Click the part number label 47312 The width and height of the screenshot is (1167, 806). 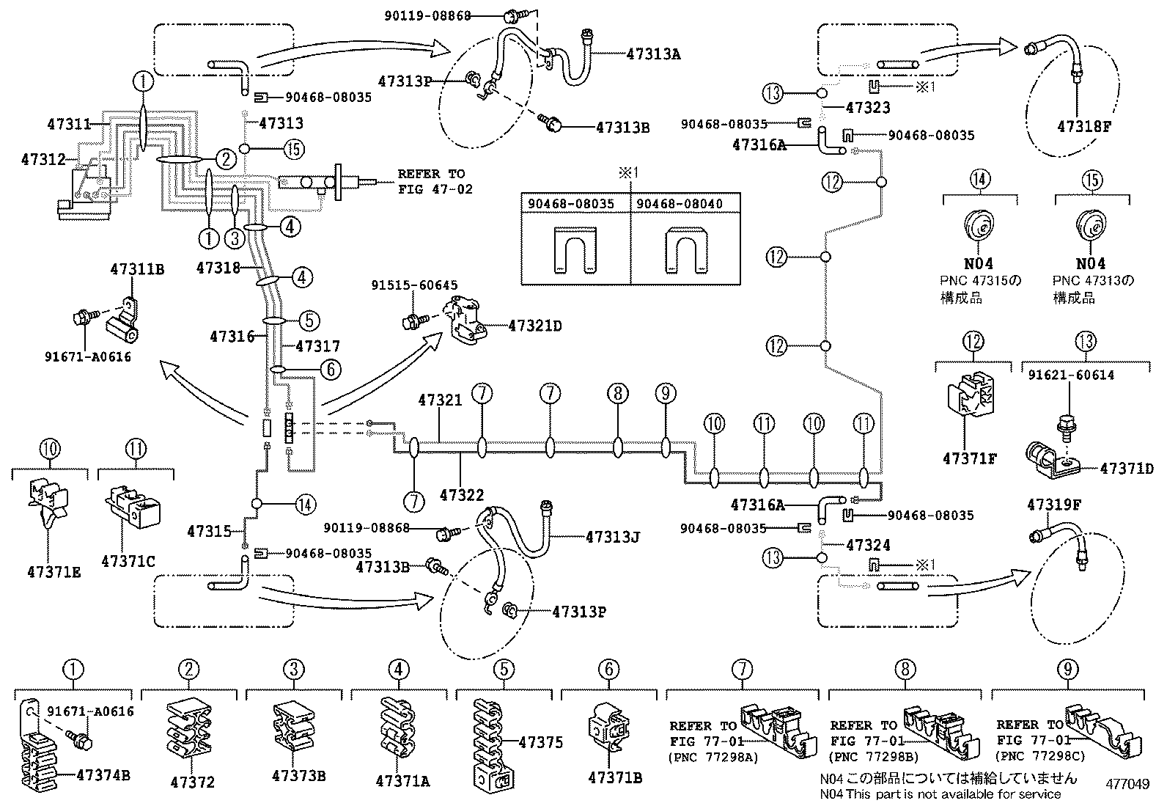44,158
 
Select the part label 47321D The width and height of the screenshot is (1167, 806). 535,326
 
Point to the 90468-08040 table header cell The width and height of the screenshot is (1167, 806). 685,203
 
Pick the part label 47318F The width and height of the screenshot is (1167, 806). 1084,125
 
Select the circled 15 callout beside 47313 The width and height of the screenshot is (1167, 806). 292,149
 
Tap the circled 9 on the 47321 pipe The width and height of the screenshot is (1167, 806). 666,394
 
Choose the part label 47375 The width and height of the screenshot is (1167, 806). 541,742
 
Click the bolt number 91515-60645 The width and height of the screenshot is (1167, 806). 414,285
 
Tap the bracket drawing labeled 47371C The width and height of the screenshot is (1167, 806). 133,508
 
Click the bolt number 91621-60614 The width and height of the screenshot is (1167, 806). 1071,375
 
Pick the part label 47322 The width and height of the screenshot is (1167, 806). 462,496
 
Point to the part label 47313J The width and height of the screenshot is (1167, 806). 613,537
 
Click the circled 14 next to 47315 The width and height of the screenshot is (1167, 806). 305,504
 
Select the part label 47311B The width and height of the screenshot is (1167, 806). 137,269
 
